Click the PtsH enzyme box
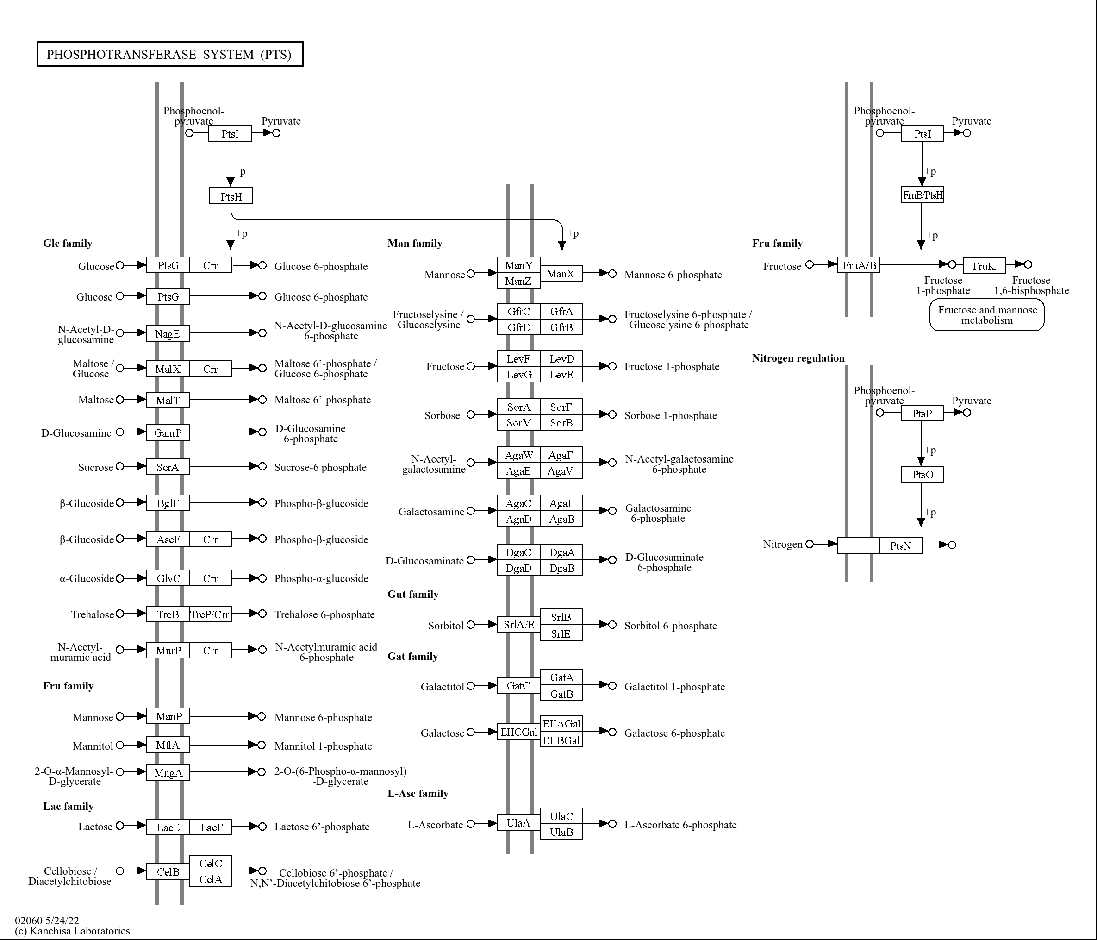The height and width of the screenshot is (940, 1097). (231, 196)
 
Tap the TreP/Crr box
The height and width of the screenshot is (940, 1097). (210, 614)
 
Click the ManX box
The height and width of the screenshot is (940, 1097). (561, 273)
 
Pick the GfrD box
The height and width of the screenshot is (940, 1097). (518, 327)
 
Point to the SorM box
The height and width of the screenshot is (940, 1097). (518, 423)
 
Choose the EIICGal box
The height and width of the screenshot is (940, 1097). (518, 732)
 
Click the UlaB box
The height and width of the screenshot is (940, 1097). (561, 832)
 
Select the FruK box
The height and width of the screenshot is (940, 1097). (984, 266)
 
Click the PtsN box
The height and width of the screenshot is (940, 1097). (901, 545)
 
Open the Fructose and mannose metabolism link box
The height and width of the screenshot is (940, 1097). (987, 315)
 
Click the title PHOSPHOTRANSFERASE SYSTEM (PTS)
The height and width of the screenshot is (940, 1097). (169, 54)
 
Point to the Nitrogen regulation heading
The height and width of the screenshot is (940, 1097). (798, 358)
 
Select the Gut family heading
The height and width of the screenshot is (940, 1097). (413, 594)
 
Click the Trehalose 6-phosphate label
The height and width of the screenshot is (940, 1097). (324, 614)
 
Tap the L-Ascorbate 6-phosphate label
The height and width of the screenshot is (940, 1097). (680, 825)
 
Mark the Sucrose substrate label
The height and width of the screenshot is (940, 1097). (95, 467)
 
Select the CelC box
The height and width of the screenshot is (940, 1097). (210, 863)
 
